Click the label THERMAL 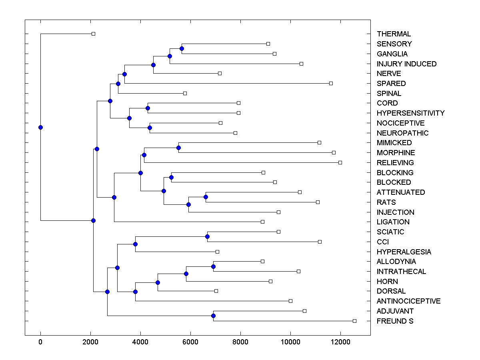click(394, 34)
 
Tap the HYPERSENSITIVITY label click(410, 113)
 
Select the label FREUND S click(395, 321)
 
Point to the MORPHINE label click(396, 153)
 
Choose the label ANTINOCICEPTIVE click(408, 301)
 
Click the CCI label click(382, 242)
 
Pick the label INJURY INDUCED click(406, 64)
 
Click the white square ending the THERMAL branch click(93, 34)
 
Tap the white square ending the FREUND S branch click(354, 321)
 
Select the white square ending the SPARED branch click(331, 83)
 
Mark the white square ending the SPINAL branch click(185, 93)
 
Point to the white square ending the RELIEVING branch click(340, 162)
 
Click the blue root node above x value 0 click(40, 127)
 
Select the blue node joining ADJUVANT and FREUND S click(213, 316)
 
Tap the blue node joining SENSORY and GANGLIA click(182, 48)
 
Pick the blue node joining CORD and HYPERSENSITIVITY click(148, 108)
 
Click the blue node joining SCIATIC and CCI click(207, 236)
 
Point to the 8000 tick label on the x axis click(240, 342)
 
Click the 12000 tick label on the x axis click(340, 342)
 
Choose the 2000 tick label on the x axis click(90, 342)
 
